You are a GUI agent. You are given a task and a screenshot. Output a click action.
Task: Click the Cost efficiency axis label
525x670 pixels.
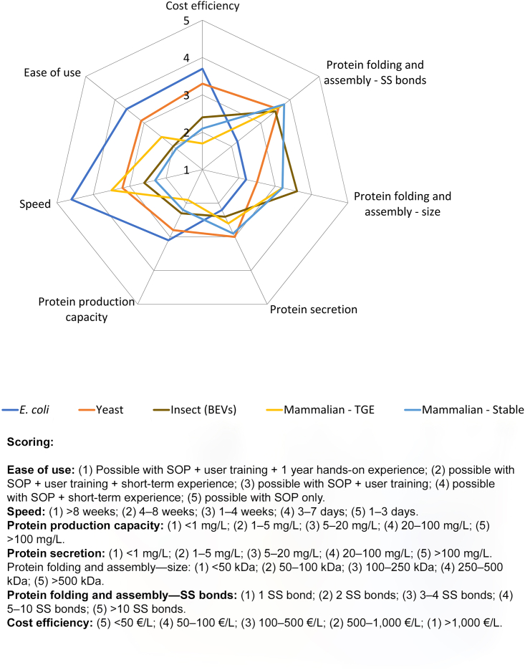[x=202, y=6]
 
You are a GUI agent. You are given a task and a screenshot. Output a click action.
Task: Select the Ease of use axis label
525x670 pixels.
[x=52, y=72]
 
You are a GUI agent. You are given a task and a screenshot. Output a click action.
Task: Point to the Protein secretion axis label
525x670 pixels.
[x=313, y=310]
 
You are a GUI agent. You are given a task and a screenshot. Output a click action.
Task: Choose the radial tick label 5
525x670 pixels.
[x=186, y=21]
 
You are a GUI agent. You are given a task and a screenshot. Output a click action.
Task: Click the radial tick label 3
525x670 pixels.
[x=186, y=95]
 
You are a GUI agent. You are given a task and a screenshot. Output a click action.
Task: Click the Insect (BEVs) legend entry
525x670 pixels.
[x=193, y=410]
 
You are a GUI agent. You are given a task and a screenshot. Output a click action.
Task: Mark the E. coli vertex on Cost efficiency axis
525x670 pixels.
[x=203, y=69]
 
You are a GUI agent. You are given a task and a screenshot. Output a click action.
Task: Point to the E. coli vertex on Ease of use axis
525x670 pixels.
[x=127, y=110]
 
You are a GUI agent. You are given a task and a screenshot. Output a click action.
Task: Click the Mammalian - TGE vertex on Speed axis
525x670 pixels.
[x=112, y=191]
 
